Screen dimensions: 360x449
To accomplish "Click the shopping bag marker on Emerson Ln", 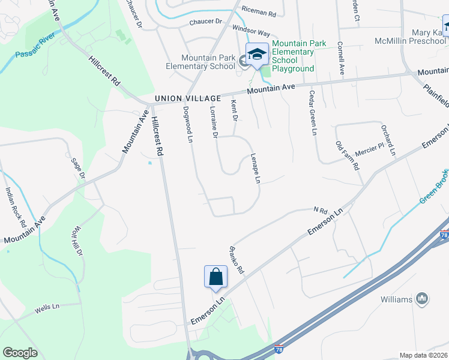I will (215, 277).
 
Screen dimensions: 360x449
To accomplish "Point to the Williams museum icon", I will (421, 298).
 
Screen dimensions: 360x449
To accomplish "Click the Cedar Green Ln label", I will (312, 114).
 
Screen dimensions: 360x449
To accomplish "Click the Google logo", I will (20, 353).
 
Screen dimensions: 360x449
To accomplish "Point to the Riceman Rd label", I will (258, 11).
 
